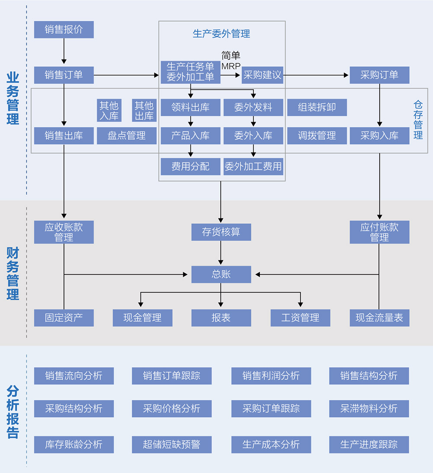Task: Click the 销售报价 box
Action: click(x=64, y=29)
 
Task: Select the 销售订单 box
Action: click(x=64, y=75)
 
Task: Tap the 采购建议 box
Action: click(x=262, y=75)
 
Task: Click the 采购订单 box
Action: click(x=379, y=75)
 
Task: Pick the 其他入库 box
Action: click(x=109, y=111)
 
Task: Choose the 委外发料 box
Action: click(x=253, y=108)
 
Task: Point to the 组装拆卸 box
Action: click(x=317, y=108)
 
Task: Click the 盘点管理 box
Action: click(x=126, y=136)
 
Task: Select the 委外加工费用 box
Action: click(x=253, y=166)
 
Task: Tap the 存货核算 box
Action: click(x=221, y=232)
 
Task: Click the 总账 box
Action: click(x=221, y=274)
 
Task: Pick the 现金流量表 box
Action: click(x=379, y=318)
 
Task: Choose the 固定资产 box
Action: click(x=64, y=318)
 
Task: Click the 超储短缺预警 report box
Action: click(x=171, y=444)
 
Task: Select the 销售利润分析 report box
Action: click(x=271, y=376)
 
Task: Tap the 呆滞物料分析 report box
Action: click(x=368, y=408)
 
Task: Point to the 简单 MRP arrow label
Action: click(x=231, y=61)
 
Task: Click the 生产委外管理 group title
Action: click(x=221, y=34)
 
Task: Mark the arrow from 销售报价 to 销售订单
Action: click(x=64, y=52)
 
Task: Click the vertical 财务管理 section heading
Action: click(x=13, y=274)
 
